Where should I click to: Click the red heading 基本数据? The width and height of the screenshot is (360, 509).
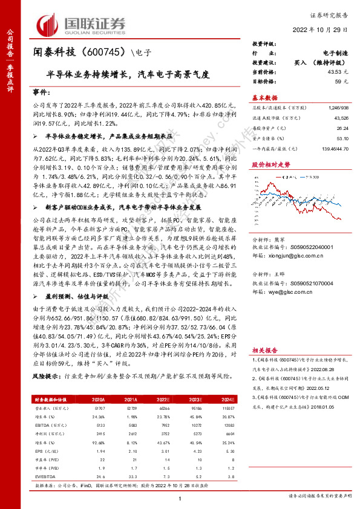(x=265, y=97)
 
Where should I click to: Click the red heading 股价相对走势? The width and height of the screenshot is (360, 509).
(x=271, y=164)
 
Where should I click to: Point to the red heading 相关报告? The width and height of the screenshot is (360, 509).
(x=265, y=349)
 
